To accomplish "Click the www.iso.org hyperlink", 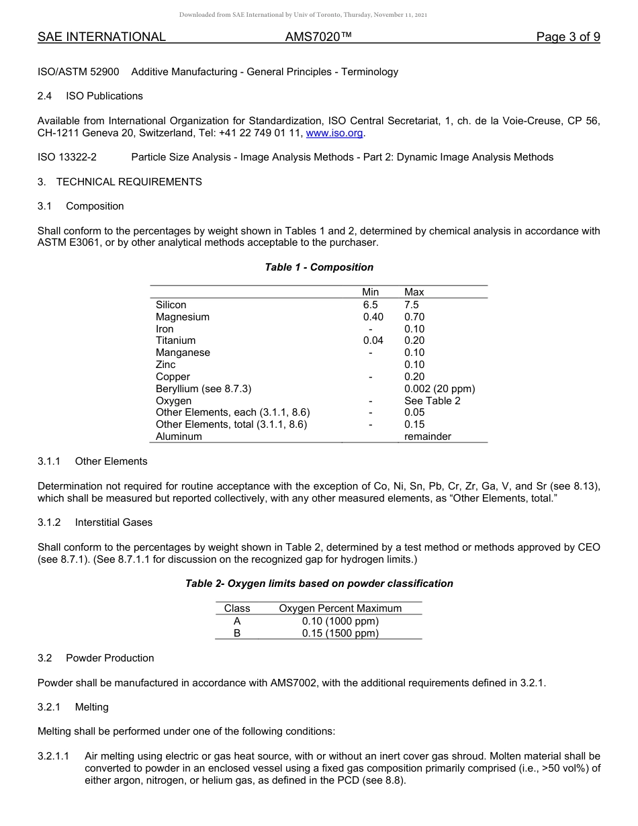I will point(335,133).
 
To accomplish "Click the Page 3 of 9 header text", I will point(567,37).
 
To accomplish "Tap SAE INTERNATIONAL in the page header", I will point(101,37).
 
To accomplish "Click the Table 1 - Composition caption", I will point(319,267).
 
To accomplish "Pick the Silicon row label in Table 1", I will point(171,305).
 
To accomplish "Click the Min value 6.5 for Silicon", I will point(370,305).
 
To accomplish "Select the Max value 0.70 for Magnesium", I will point(414,317).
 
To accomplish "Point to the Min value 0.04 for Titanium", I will point(373,340).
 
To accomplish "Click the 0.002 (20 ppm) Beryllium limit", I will point(439,389).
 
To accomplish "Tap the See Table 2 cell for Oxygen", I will point(432,401).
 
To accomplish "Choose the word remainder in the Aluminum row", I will point(428,437).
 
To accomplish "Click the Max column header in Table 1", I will point(414,292).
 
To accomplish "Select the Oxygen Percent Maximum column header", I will point(340,608).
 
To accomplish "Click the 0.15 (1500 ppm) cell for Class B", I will point(340,633).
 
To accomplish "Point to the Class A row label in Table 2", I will point(237,621).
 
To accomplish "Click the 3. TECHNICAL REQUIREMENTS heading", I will point(120,182).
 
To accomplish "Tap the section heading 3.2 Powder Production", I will point(96,658).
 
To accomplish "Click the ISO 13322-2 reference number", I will point(67,157).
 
